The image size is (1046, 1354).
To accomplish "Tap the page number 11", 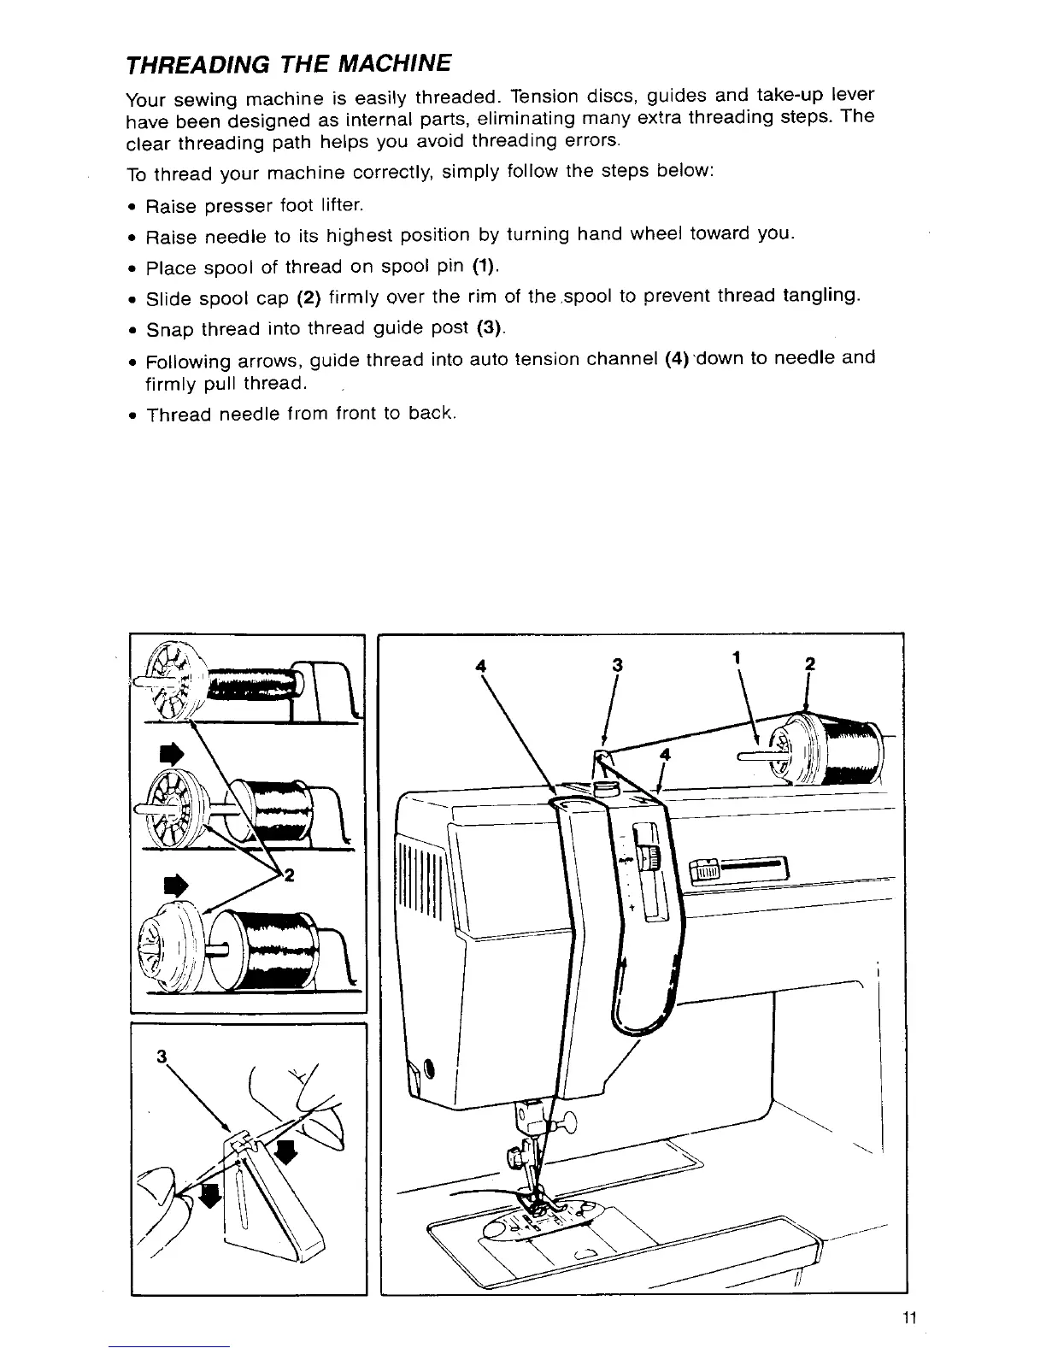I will tap(908, 1317).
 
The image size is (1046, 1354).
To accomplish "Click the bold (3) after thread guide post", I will tap(491, 327).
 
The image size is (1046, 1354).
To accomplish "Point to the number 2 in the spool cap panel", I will tap(289, 874).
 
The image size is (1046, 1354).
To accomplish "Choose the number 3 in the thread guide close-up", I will tap(161, 1056).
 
